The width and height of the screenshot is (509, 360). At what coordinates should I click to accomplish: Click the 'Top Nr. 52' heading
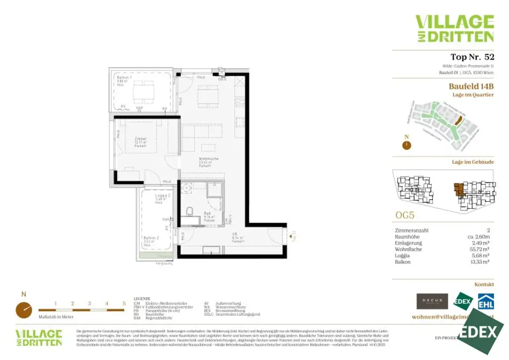pyautogui.click(x=472, y=57)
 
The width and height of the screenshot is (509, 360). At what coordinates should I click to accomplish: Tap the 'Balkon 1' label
pyautogui.click(x=124, y=78)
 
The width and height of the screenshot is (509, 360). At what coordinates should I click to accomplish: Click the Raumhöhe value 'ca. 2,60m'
pyautogui.click(x=479, y=237)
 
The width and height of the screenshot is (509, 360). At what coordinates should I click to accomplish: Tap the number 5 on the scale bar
pyautogui.click(x=124, y=303)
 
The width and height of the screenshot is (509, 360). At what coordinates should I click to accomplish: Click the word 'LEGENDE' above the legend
pyautogui.click(x=142, y=299)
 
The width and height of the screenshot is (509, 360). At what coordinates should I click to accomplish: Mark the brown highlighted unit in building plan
pyautogui.click(x=458, y=189)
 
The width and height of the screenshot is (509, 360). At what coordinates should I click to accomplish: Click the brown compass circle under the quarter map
pyautogui.click(x=407, y=145)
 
